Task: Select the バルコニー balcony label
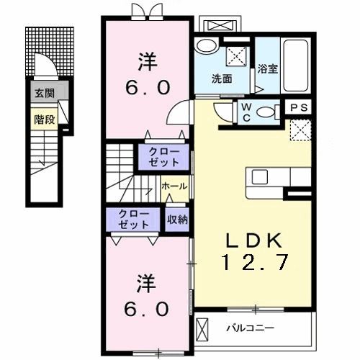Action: coord(250,328)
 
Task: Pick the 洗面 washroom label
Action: coord(221,78)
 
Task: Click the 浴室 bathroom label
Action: coord(268,70)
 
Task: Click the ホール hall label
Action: coord(174,186)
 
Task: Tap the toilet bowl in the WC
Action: coord(267,112)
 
